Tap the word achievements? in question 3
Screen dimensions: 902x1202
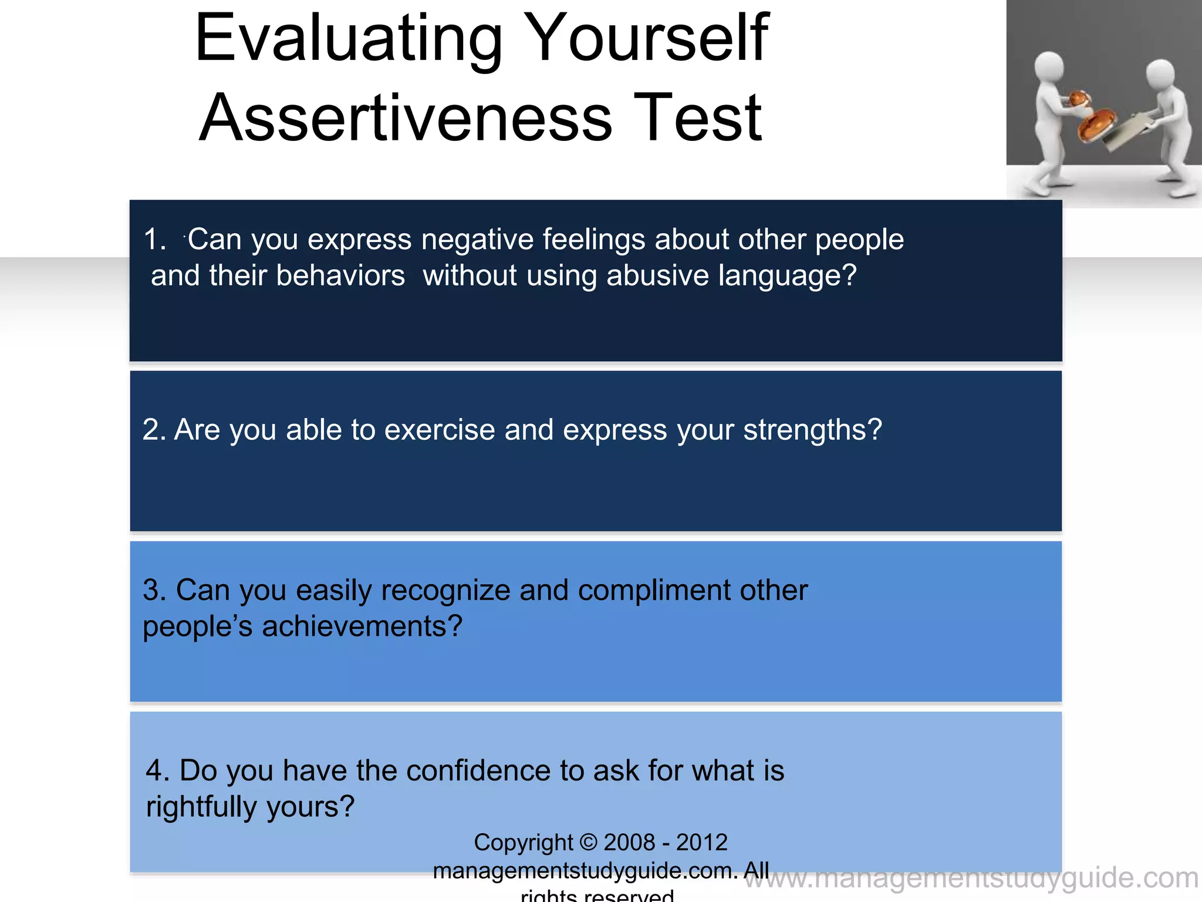pyautogui.click(x=362, y=627)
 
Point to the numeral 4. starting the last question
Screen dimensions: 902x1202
pyautogui.click(x=157, y=770)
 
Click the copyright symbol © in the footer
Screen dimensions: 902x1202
pyautogui.click(x=588, y=842)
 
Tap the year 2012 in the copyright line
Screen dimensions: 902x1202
pyautogui.click(x=701, y=842)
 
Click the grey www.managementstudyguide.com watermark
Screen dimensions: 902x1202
pyautogui.click(x=971, y=879)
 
